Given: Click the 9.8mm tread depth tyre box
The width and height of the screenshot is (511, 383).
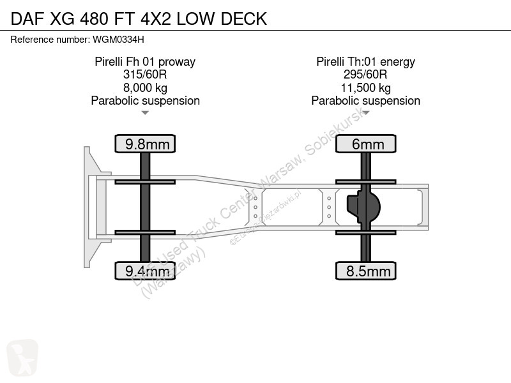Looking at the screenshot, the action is pos(145,144).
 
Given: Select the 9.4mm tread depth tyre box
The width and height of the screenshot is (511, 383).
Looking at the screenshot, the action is pos(145,271).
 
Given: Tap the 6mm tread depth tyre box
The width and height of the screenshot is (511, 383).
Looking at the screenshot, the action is pos(365,144).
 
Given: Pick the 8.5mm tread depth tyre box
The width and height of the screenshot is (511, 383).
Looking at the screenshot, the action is pos(365,271).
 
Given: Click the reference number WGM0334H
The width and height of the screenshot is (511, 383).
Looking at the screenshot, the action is pos(118,40).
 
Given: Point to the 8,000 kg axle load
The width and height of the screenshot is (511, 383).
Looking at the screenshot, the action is pos(145,88).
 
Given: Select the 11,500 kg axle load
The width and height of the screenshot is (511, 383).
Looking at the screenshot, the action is pos(365,88).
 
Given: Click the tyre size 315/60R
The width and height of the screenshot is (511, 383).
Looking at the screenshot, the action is pos(145,75).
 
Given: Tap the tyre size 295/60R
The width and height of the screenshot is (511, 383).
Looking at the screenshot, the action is pos(365,75).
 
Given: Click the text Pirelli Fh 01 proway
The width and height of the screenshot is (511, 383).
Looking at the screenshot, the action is pos(145,61).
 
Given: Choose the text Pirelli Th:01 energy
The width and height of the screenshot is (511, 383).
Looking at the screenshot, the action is pos(365,61).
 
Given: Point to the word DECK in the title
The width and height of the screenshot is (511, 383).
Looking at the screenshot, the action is pos(244,19).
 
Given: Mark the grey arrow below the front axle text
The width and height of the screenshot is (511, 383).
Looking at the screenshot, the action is pos(145,113).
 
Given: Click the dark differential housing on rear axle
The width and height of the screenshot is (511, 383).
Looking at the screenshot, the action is pos(363,207).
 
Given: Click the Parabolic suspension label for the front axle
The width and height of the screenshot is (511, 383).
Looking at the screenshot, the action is pos(146,101).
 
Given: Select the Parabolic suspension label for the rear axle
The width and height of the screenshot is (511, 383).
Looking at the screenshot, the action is pos(365,101).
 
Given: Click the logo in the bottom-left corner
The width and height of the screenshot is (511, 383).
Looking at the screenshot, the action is pos(22,358).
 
